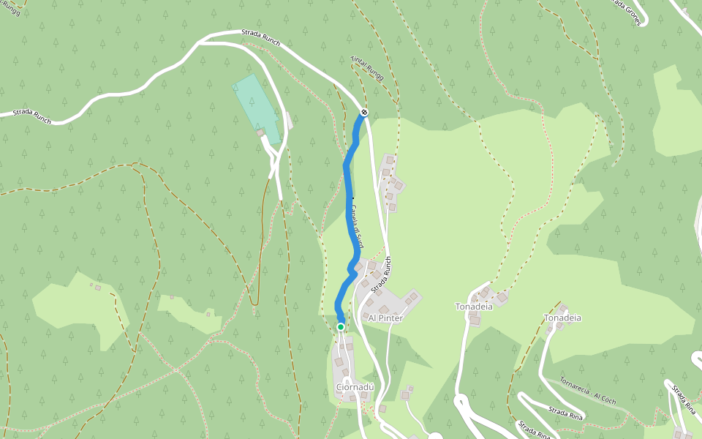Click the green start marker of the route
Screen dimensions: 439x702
340,326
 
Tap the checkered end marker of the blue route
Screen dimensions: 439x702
363,112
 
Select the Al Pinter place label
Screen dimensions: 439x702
385,318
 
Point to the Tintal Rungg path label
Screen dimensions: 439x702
366,70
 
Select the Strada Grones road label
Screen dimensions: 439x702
627,12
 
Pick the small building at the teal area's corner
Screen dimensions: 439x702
260,132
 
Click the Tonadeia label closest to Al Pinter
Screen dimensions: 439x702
474,307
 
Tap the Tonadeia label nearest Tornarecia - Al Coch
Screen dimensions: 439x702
562,318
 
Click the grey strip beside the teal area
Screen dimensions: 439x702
290,121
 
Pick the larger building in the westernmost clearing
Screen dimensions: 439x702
97,288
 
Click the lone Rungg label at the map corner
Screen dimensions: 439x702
12,9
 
